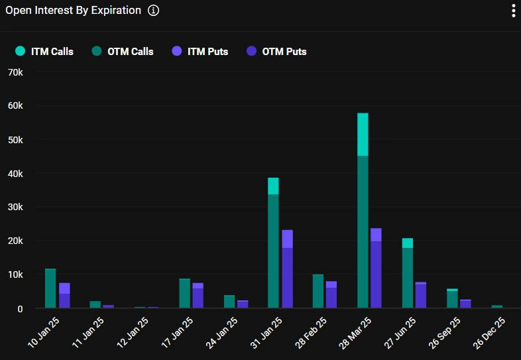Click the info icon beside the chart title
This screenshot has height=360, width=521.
click(153, 11)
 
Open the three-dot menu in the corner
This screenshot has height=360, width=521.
click(512, 11)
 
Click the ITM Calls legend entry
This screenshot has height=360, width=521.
click(45, 51)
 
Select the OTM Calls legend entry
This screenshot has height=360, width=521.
click(123, 51)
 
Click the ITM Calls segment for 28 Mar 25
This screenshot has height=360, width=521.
click(363, 135)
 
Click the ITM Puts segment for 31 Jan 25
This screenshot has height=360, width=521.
click(287, 239)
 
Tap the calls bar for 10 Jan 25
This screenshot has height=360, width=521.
click(50, 288)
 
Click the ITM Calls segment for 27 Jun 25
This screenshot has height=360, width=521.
click(407, 243)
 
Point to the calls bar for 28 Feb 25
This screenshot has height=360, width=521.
click(318, 291)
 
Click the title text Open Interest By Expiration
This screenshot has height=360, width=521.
click(73, 11)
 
